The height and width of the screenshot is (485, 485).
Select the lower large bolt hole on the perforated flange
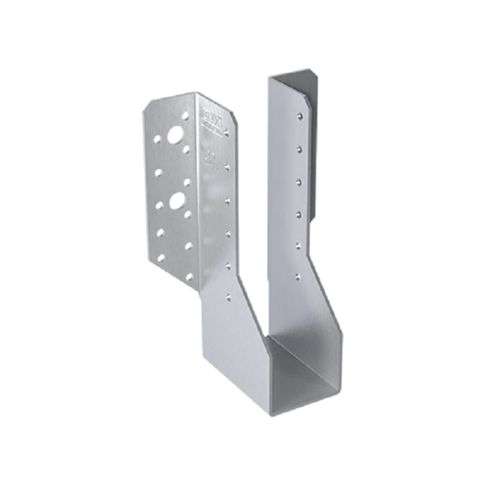176,200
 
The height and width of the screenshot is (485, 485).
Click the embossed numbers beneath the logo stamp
209,158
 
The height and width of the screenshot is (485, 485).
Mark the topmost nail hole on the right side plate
298,117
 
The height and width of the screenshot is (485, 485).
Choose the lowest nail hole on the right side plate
298,274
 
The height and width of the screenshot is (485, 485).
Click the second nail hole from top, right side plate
298,148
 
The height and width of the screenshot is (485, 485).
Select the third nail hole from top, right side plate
298,180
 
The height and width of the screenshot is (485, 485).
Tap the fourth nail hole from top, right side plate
298,212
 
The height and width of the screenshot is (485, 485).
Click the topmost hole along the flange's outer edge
156,140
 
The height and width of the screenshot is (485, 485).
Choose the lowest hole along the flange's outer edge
160,257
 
